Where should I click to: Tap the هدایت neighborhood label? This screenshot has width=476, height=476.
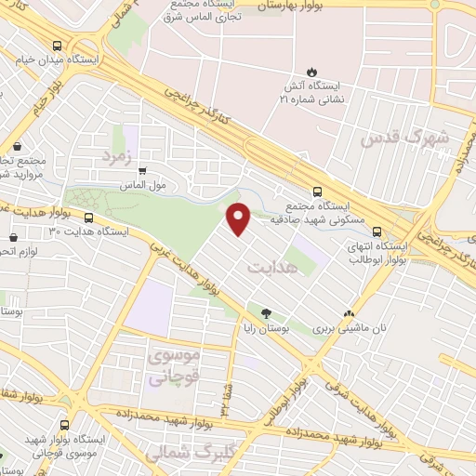[274, 267]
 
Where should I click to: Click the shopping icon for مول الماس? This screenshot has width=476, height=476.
[141, 170]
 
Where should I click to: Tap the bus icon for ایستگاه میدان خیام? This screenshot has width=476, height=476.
[59, 46]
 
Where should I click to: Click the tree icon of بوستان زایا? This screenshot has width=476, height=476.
[267, 313]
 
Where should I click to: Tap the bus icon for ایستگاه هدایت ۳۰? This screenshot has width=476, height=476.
[89, 218]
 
